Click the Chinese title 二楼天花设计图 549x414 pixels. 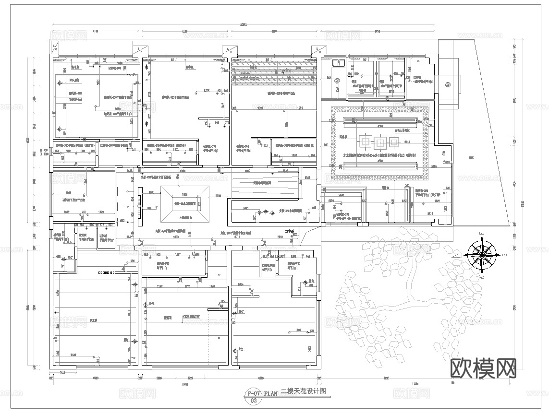click(303, 391)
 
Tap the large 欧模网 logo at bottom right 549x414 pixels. click(484, 367)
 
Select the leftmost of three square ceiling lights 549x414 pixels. click(364, 142)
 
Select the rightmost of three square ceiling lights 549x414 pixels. click(394, 142)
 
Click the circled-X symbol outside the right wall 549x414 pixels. click(448, 85)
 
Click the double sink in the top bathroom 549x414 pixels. click(339, 62)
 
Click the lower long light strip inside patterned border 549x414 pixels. click(379, 166)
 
